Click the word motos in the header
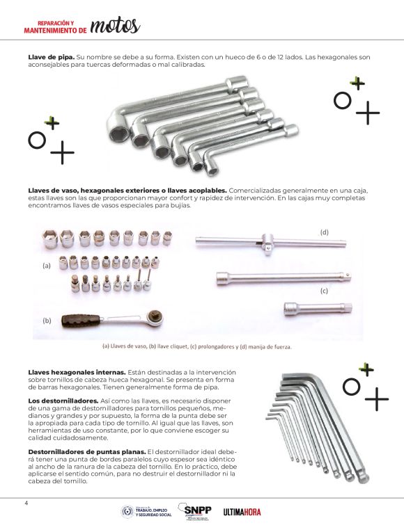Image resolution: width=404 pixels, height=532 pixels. [115, 26]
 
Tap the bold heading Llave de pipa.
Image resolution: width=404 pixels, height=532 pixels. [52, 57]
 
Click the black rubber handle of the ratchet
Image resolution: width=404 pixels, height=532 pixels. [81, 321]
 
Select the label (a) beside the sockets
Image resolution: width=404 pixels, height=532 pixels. [47, 266]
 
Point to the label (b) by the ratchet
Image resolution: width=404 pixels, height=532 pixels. [47, 321]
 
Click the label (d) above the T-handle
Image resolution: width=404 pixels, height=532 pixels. [324, 232]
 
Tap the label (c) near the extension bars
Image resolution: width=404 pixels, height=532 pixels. [324, 291]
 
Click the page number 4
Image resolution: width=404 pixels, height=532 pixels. [26, 503]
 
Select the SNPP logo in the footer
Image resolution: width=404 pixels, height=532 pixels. [195, 511]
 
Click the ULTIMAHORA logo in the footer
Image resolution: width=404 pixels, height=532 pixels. [242, 512]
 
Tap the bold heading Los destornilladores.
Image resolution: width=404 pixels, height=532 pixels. [63, 401]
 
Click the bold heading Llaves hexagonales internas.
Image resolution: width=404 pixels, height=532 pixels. [77, 372]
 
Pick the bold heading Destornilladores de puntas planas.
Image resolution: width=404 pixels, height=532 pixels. [87, 452]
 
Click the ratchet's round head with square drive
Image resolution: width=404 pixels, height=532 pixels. [155, 317]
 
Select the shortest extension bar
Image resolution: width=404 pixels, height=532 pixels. [318, 309]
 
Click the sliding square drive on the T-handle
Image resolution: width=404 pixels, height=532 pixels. [267, 242]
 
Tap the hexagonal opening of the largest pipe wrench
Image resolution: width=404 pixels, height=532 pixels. [119, 134]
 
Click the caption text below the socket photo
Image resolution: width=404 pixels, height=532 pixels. [197, 346]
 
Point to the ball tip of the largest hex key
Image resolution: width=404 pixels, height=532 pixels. [363, 478]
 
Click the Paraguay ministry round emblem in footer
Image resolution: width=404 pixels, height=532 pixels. [127, 512]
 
